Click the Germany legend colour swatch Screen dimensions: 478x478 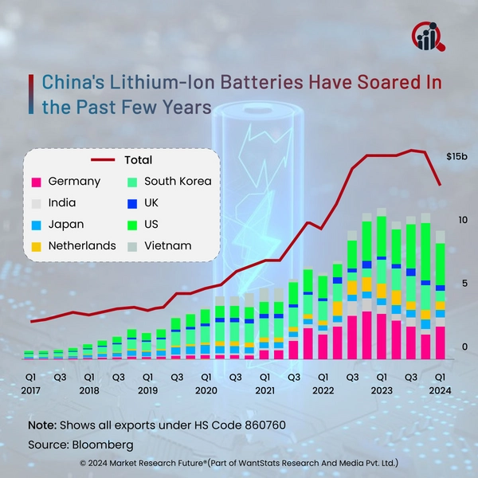click(34, 182)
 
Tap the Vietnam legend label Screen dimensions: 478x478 click(167, 245)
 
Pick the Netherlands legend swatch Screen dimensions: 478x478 click(34, 245)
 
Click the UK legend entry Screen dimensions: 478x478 click(151, 203)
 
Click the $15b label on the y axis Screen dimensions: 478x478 click(457, 155)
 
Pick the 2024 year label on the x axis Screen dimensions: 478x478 click(440, 391)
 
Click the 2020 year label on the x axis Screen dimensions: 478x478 click(206, 391)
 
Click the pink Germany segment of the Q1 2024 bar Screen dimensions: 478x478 click(440, 343)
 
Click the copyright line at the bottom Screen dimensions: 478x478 click(239, 463)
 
